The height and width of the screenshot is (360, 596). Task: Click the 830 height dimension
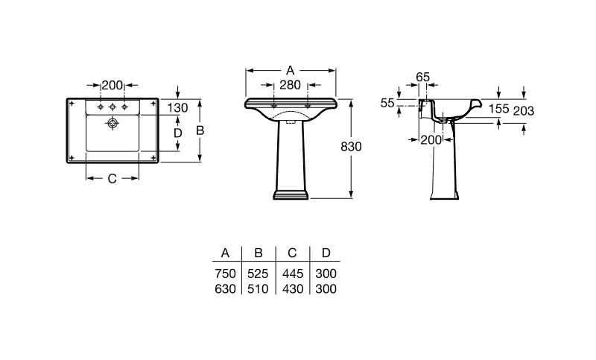coord(351,146)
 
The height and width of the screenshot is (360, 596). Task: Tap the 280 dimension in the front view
coord(290,85)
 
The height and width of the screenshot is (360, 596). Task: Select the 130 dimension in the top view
coord(177,108)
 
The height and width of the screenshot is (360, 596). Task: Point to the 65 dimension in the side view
coord(422,78)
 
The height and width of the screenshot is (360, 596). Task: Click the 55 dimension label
coord(387,103)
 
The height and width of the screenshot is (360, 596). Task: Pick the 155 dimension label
coord(498,109)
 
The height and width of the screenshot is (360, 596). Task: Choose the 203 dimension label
coord(524,111)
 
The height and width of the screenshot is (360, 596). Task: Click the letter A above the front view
coord(290,70)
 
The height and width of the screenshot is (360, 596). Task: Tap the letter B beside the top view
coord(200,130)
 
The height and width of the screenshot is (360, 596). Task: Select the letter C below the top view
coord(112,179)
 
